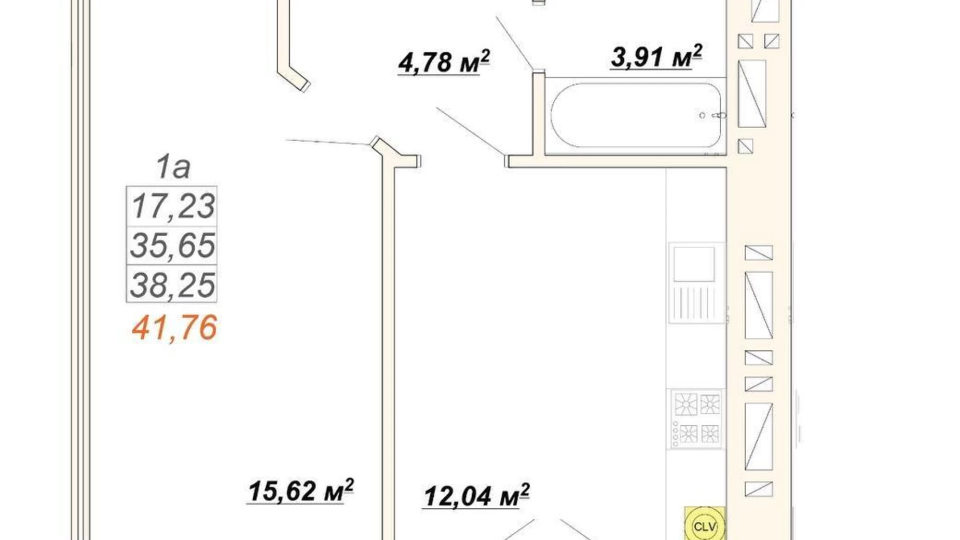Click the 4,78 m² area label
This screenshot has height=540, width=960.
tap(444, 62)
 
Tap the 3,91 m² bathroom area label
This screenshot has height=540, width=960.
tap(656, 57)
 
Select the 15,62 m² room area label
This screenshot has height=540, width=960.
tap(300, 491)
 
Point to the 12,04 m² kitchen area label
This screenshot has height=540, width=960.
tap(476, 496)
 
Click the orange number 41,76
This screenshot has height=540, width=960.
tap(174, 328)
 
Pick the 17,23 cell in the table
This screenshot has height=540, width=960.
tap(172, 206)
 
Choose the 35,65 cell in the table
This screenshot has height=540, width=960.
tap(172, 246)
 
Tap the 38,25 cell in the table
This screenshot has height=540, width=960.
tap(172, 285)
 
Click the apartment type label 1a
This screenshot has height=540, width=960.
tap(173, 167)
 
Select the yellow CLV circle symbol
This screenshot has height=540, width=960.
tap(704, 526)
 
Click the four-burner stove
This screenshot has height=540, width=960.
tap(696, 419)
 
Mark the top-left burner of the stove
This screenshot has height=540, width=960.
tap(685, 404)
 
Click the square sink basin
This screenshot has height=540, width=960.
tap(694, 264)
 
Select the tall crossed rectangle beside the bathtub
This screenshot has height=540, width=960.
tap(752, 94)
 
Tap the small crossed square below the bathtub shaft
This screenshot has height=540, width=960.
tap(745, 146)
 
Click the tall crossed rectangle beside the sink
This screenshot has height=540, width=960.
tap(759, 305)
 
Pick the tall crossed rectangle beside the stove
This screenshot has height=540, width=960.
tap(759, 437)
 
